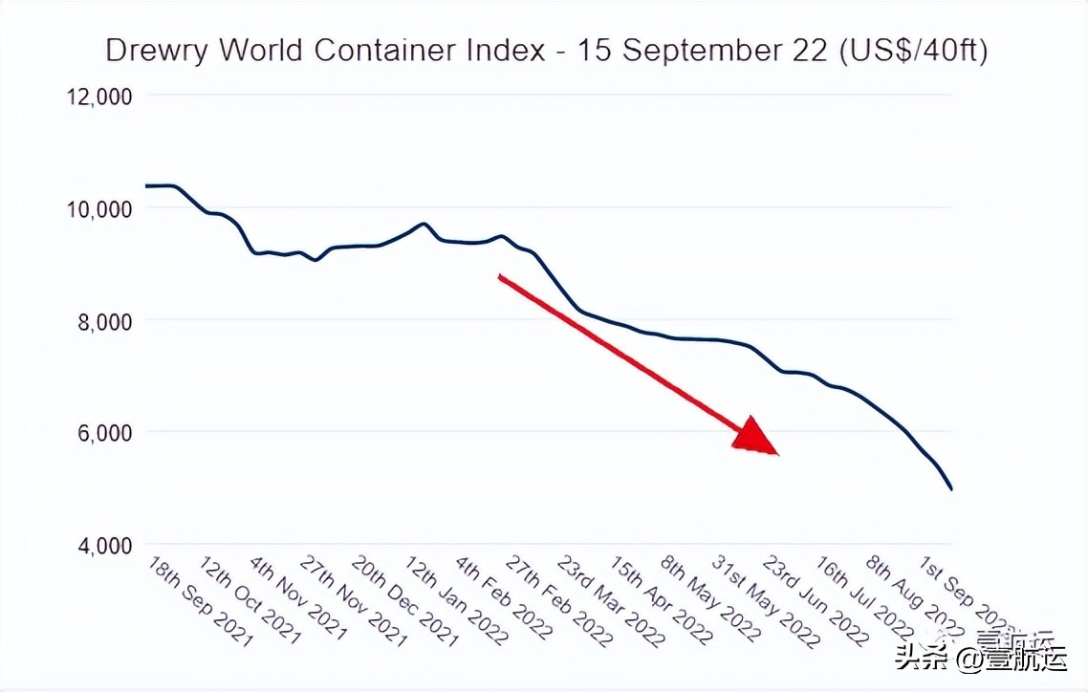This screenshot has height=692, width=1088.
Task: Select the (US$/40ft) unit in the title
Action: pos(913,51)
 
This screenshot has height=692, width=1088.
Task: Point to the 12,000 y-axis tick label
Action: pos(98,97)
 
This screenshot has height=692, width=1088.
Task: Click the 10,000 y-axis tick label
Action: pos(98,208)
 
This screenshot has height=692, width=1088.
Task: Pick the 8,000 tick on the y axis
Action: pos(104,321)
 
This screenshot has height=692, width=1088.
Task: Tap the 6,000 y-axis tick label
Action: pos(104,433)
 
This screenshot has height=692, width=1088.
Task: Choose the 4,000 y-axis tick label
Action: pos(104,546)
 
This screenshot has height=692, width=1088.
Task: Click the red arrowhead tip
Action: pos(777,454)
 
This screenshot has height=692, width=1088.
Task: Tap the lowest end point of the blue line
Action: pos(951,489)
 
